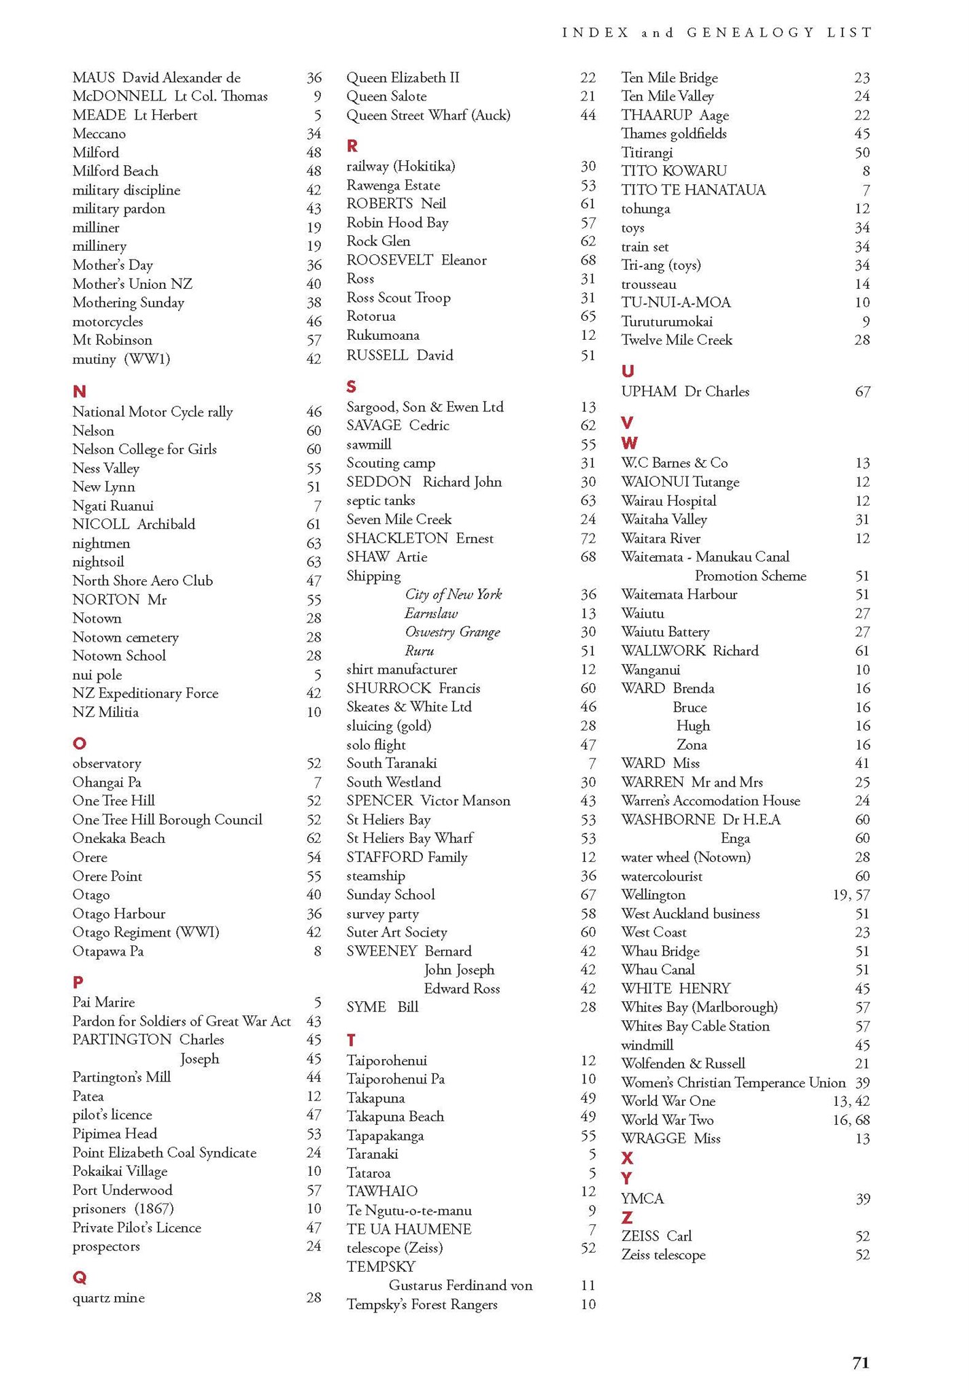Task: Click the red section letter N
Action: (x=79, y=391)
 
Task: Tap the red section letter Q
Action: (x=80, y=1278)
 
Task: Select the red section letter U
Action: (x=628, y=371)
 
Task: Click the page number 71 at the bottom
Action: (x=861, y=1362)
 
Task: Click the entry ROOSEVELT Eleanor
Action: (x=416, y=260)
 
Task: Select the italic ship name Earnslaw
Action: (x=431, y=613)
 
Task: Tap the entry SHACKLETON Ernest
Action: (x=420, y=538)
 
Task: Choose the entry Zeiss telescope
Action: (x=663, y=1255)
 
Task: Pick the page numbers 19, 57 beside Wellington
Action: (x=851, y=895)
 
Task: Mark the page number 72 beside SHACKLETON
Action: (x=588, y=538)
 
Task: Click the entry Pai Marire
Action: (x=103, y=1002)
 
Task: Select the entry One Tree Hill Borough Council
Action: (x=167, y=820)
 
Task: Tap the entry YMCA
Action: (x=642, y=1198)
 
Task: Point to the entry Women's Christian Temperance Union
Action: (x=733, y=1082)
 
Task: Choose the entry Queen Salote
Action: (x=386, y=97)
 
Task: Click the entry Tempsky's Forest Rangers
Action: (x=422, y=1304)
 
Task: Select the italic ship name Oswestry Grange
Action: (x=452, y=632)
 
